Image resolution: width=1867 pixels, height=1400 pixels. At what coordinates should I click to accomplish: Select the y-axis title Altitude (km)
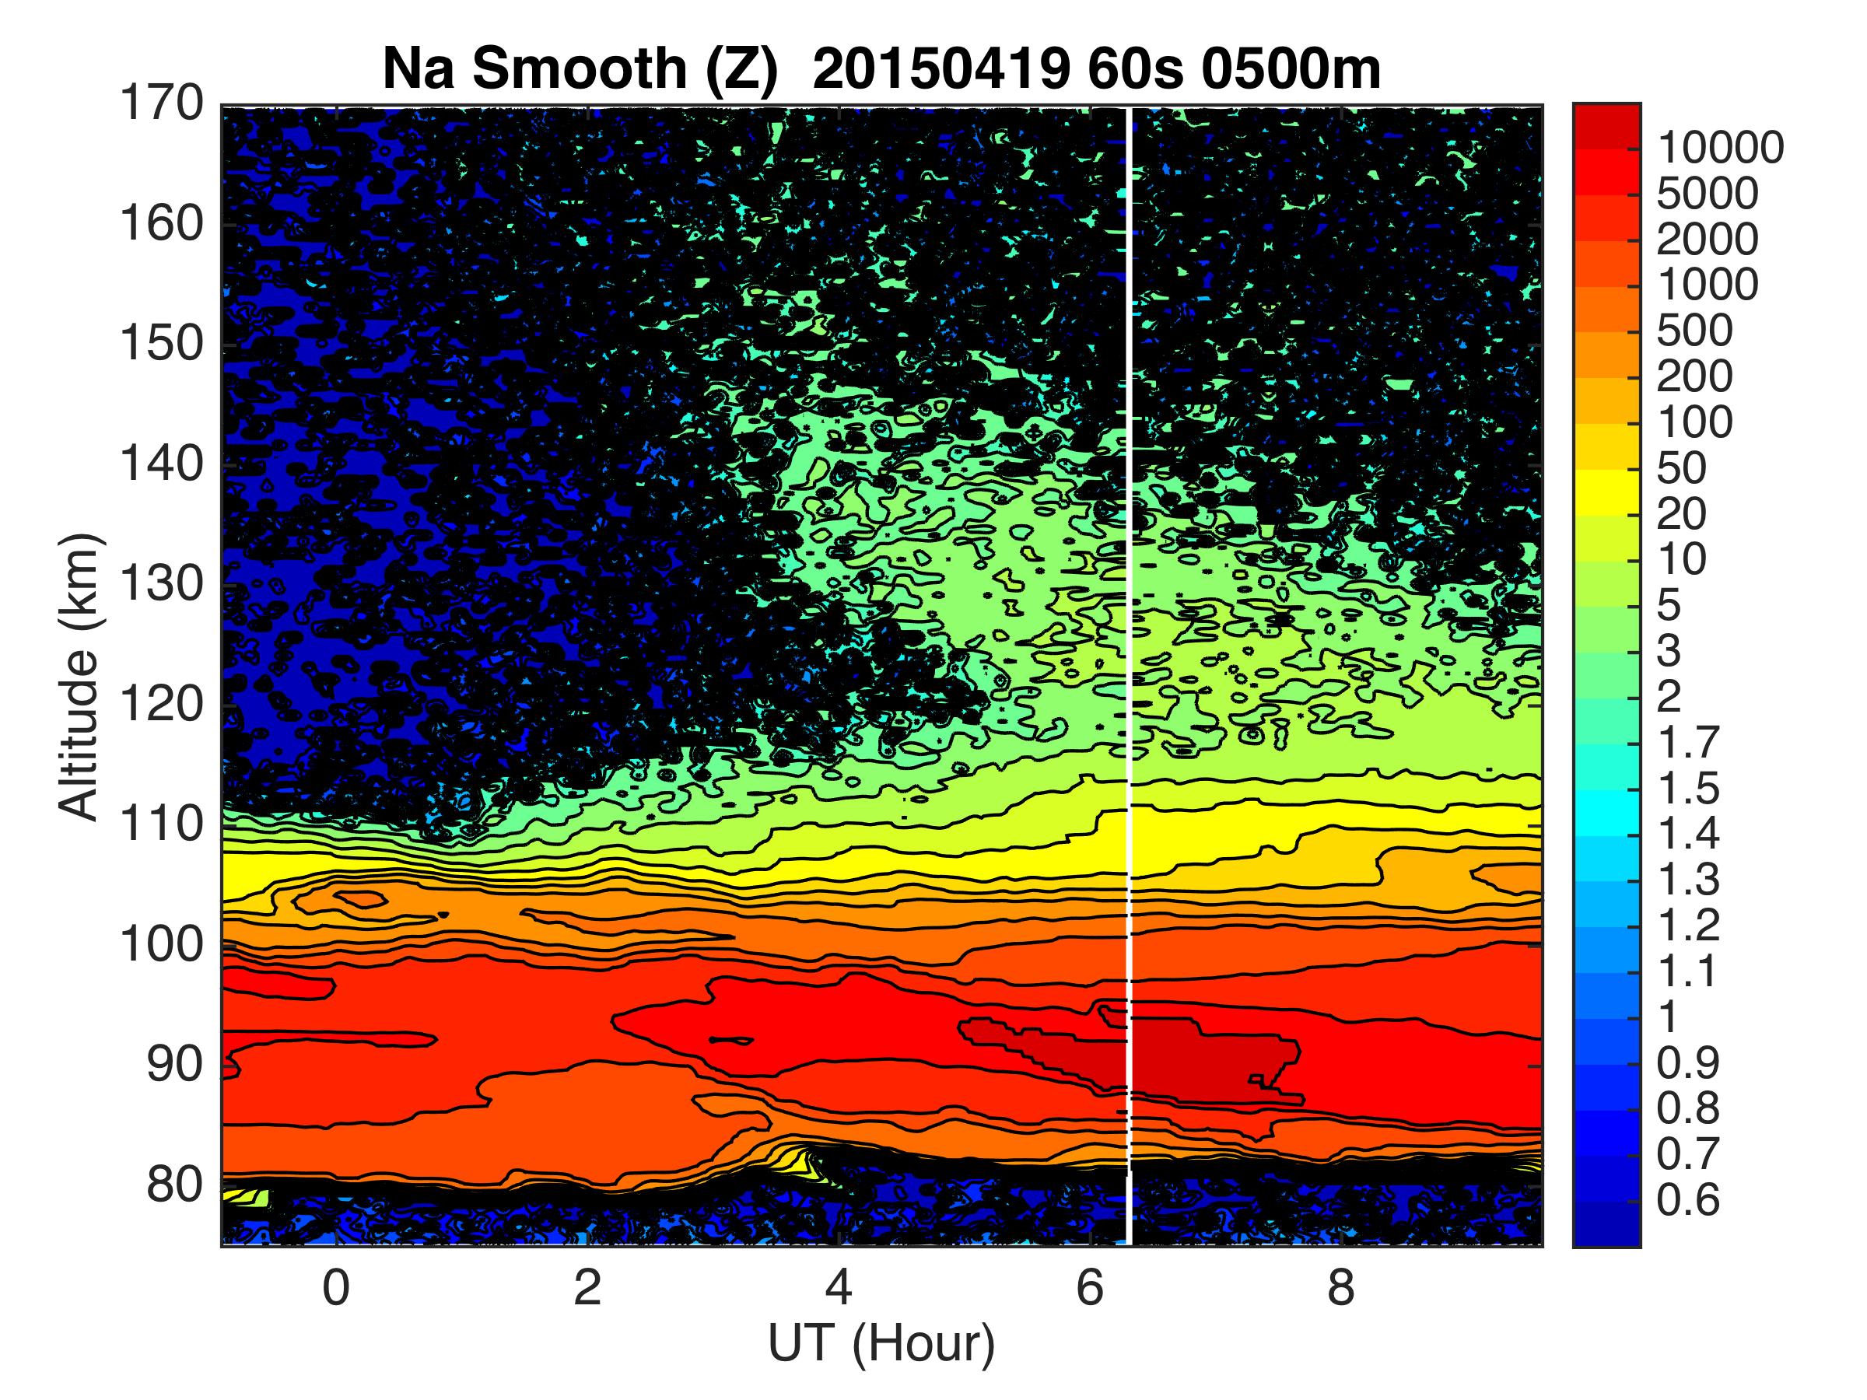[80, 675]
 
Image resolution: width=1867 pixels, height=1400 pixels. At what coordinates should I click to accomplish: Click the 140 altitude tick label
[160, 464]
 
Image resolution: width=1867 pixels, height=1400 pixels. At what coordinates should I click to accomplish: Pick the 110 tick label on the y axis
[160, 824]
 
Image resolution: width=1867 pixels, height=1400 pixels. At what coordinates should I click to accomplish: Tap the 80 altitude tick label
[176, 1185]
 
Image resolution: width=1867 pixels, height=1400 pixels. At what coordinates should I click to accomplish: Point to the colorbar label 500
[1695, 331]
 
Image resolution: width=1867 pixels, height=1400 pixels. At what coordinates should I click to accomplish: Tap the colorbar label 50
[1682, 468]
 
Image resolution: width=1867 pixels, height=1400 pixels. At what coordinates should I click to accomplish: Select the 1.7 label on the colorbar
[1688, 743]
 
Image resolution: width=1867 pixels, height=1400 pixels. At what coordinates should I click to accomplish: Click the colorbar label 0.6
[1688, 1200]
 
